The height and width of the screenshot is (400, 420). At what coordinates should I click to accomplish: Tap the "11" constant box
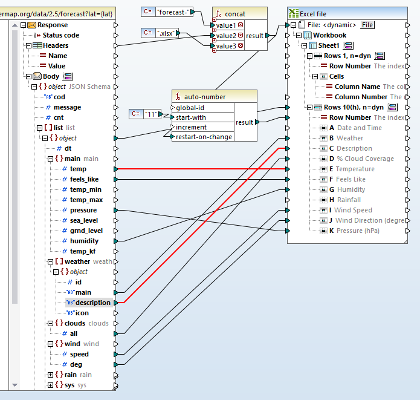[x=152, y=114]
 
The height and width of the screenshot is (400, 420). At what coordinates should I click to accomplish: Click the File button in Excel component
[x=367, y=25]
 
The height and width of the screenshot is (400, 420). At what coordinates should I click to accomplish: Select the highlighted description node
[x=92, y=303]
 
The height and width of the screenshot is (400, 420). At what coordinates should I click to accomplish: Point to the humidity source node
[x=84, y=241]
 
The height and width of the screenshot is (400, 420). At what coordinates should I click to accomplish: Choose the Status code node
[x=60, y=35]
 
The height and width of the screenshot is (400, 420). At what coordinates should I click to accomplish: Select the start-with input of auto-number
[x=191, y=117]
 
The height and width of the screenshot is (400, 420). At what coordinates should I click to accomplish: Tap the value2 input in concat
[x=226, y=36]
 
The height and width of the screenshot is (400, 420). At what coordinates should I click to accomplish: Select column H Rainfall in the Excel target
[x=349, y=200]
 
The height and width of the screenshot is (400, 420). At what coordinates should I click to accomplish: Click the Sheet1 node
[x=329, y=45]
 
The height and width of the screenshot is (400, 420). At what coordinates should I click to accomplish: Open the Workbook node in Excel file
[x=329, y=35]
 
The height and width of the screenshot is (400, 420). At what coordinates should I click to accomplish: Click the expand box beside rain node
[x=50, y=375]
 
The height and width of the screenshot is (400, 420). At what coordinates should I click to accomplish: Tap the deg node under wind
[x=76, y=364]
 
